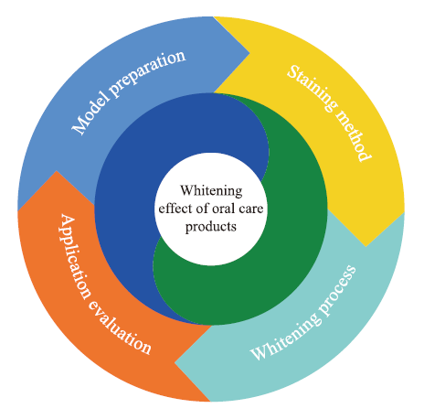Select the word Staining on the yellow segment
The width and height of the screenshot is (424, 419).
pos(313,88)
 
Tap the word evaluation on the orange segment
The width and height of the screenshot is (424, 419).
pos(120,328)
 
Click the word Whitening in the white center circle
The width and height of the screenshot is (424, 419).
pos(211,191)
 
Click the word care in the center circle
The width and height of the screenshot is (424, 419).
pos(251,209)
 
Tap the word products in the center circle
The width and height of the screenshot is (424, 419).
pos(211,227)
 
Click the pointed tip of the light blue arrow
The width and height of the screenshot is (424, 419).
pos(249,54)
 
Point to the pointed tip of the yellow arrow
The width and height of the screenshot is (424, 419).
pos(366,246)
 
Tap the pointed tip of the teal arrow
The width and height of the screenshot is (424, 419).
pos(175,363)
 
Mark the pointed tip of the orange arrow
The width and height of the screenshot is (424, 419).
pos(56,171)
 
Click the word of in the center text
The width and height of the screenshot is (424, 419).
pos(203,209)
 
